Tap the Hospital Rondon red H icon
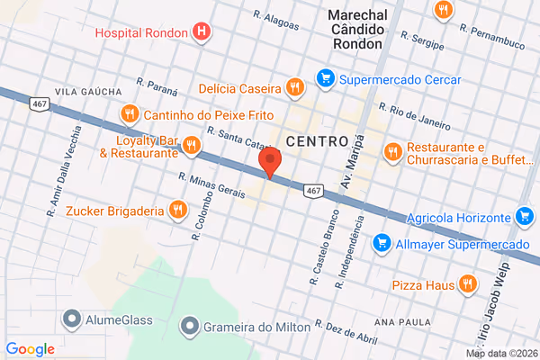point(202,33)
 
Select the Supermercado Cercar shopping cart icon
point(325,78)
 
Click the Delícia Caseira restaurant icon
point(293,87)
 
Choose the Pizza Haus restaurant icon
point(466,284)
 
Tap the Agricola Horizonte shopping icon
point(525,216)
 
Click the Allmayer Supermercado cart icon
point(382,243)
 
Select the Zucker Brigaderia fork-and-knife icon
point(178,211)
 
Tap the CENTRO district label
point(317,141)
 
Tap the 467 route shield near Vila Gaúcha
point(39,105)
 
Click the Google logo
point(31,349)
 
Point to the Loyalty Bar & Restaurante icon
point(192,146)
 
